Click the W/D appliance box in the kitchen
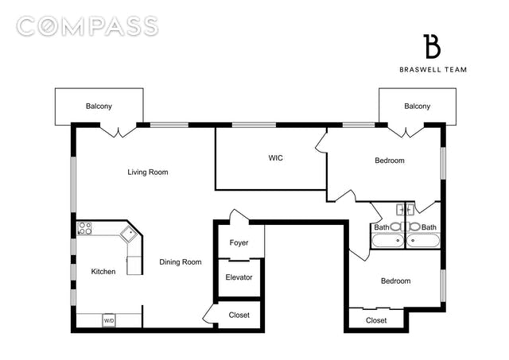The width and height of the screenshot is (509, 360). point(109,320)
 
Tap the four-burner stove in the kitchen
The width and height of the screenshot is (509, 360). point(85,228)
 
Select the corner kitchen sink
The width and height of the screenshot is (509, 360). point(130,234)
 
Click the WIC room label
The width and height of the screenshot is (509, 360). point(276,158)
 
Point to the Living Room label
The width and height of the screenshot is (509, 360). point(148,172)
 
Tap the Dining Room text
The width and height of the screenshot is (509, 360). point(181,262)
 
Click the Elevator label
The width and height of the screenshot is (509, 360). point(239,277)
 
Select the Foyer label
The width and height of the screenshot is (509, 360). point(239,242)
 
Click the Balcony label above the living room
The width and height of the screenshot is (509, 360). point(99,106)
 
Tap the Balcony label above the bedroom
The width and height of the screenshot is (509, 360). point(417,106)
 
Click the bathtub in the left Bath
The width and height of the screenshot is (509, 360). point(388,241)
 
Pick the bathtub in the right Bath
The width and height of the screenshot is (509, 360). point(423,241)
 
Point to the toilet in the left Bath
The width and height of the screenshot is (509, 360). point(395,226)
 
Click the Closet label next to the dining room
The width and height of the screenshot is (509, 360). point(239,315)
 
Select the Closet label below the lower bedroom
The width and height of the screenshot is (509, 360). point(376,320)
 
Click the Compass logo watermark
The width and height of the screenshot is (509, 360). point(87,26)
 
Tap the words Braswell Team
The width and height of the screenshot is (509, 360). point(433,69)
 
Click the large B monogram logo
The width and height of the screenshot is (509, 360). point(432,46)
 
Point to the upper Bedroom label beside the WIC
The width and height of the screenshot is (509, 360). point(390,161)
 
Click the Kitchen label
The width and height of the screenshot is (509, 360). point(103,272)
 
